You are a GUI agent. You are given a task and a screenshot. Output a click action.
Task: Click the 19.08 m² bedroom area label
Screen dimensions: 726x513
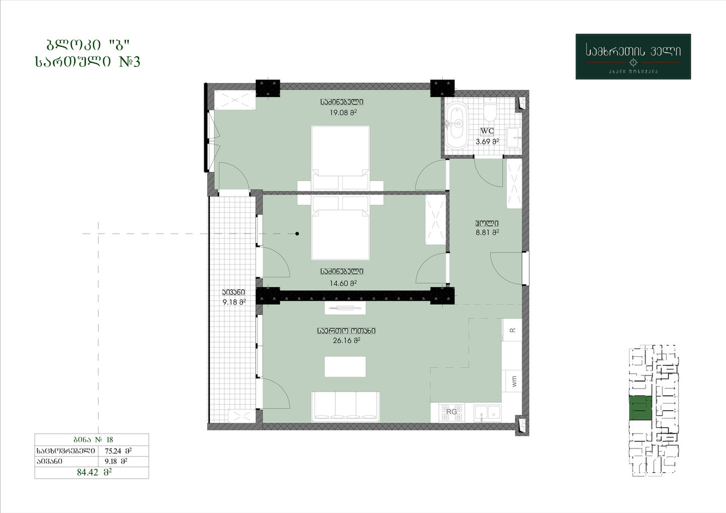343,113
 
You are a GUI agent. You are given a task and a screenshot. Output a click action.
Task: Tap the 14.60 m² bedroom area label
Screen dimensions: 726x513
343,283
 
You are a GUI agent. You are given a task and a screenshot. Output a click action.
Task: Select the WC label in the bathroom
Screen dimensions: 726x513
487,131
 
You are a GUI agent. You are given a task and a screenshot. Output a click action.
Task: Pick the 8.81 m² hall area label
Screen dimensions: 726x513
487,232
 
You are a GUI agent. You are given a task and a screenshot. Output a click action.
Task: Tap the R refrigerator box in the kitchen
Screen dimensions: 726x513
512,330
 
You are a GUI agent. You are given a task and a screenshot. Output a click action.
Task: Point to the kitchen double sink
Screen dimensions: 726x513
488,413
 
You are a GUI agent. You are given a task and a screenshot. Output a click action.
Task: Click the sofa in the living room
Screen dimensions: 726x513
345,407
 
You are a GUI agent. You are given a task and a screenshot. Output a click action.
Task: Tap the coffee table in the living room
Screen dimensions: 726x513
345,367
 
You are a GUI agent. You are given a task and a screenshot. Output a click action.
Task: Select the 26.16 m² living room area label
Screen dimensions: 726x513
346,341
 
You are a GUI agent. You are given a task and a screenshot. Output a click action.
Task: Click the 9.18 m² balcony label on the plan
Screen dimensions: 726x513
234,302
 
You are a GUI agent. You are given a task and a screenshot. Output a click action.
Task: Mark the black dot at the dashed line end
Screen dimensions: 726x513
297,233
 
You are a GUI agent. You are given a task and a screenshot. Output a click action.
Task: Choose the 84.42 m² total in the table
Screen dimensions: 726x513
94,473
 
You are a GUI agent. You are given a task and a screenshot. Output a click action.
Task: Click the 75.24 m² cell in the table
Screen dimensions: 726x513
118,451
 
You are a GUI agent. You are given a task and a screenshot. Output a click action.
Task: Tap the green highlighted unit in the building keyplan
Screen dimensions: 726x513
640,408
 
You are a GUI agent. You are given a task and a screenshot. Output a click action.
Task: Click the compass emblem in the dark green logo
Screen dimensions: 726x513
633,62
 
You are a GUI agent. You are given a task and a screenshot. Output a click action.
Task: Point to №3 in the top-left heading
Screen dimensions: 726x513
130,61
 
